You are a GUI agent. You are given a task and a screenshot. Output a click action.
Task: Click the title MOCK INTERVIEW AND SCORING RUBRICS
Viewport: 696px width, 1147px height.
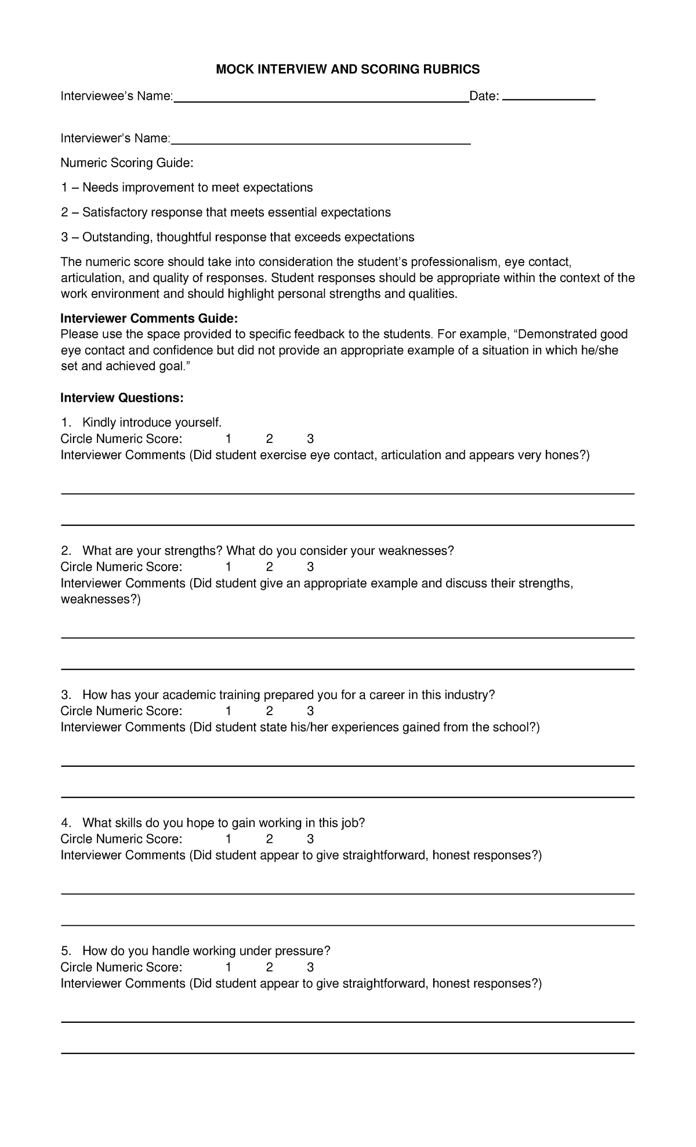pos(347,70)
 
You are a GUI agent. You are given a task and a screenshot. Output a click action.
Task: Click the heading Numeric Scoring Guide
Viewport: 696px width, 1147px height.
pos(127,163)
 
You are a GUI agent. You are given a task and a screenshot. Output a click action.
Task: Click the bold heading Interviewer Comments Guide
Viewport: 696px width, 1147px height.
pos(149,319)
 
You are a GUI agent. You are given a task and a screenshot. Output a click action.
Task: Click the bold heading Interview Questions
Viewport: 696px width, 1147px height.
pos(122,398)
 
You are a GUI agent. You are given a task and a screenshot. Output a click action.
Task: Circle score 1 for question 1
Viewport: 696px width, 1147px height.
pos(229,439)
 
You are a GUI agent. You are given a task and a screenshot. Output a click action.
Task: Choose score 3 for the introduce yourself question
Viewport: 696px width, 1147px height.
pos(310,439)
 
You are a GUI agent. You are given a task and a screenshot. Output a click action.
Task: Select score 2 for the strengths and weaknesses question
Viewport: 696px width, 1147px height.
pos(269,567)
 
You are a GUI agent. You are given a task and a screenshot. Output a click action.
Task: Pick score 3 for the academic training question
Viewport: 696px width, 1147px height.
pos(310,711)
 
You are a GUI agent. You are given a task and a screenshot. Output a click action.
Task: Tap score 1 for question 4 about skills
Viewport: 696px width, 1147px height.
pos(229,839)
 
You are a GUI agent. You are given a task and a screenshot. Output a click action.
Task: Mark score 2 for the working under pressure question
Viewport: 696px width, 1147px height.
pos(269,968)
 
